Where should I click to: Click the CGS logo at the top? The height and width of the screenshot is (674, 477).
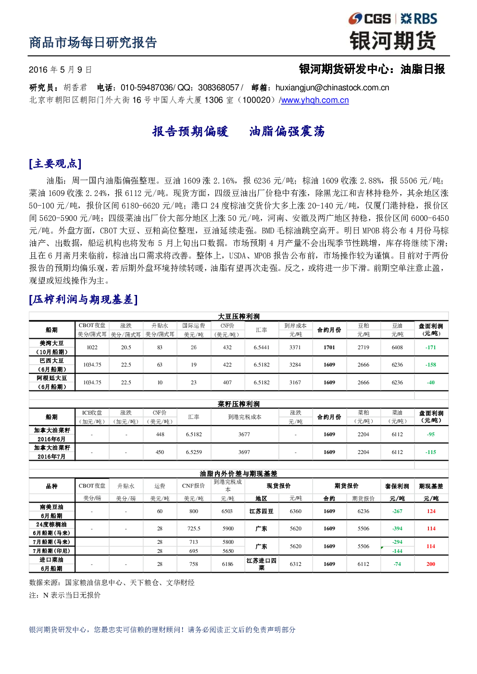[x=369, y=19]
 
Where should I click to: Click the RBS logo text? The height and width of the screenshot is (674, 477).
[x=419, y=19]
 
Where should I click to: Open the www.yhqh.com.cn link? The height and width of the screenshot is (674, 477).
[x=315, y=100]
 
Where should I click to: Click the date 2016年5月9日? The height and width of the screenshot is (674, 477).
[x=60, y=70]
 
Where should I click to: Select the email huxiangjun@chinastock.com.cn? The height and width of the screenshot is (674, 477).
[x=332, y=87]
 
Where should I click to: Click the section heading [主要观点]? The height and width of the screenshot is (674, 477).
[x=55, y=164]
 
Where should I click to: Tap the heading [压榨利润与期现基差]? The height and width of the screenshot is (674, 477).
[x=83, y=299]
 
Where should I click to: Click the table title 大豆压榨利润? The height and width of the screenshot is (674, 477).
[x=238, y=316]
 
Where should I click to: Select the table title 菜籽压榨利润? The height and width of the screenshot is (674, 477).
[x=238, y=404]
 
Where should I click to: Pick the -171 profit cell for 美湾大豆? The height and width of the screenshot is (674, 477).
[x=431, y=347]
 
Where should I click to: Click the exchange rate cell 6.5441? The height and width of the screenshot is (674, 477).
[x=262, y=347]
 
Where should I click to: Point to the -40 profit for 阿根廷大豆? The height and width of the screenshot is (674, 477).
[x=431, y=382]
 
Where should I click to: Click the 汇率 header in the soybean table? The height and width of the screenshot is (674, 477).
[x=262, y=330]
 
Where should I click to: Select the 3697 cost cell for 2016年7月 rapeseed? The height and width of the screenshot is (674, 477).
[x=244, y=452]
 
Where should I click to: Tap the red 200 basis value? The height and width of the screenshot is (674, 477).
[x=431, y=564]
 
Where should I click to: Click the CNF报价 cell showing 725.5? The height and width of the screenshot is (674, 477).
[x=194, y=528]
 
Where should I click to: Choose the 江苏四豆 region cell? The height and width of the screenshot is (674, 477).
[x=262, y=511]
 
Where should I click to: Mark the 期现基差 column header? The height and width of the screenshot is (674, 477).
[x=431, y=486]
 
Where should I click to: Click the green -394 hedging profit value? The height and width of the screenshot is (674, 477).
[x=397, y=528]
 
